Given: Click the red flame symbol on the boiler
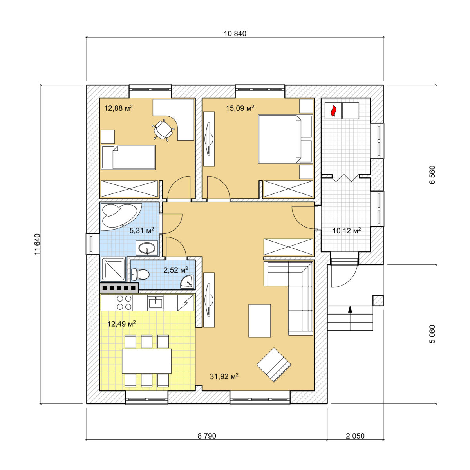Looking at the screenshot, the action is pos(333,110).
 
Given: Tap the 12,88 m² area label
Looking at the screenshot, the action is pos(119,108).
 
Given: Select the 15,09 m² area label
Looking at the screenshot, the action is pos(240,108).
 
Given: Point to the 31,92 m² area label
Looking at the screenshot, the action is pos(224,376).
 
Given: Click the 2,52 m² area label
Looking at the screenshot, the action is pos(176,270).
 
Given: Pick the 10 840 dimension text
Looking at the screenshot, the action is pos(235,33).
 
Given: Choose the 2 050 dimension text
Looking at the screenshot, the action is pos(355,436).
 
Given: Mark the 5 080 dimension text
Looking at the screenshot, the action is pos(432,334).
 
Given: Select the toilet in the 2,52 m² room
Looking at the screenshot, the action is pos(140,275).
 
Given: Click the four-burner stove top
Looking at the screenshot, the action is pos(124,302).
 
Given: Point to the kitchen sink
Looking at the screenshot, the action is pos(155,302).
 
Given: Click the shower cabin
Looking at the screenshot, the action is pos(114,269).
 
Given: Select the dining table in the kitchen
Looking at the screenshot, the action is pos(146,361).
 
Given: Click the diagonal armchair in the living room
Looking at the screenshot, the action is pos(274,365).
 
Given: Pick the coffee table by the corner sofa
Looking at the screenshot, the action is pos(260,320).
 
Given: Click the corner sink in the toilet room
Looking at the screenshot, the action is pos(188,282).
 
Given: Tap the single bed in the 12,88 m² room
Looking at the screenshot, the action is pos(128,157).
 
